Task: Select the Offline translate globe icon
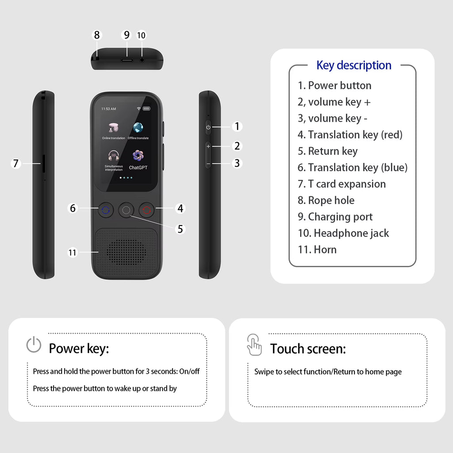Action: (138, 128)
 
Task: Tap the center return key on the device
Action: (126, 210)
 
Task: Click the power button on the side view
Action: (208, 127)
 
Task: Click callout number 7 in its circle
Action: (16, 164)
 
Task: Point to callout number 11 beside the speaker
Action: (73, 253)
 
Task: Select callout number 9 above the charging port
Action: (127, 35)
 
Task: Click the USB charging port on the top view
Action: (127, 59)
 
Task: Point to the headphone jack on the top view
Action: (142, 59)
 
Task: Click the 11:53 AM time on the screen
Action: (108, 108)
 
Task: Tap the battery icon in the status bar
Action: (146, 108)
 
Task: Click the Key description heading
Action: (353, 65)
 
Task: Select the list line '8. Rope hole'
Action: (326, 200)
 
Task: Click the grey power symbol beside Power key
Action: (34, 345)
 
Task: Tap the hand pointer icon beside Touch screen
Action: (254, 345)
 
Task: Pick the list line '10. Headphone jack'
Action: (343, 233)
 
